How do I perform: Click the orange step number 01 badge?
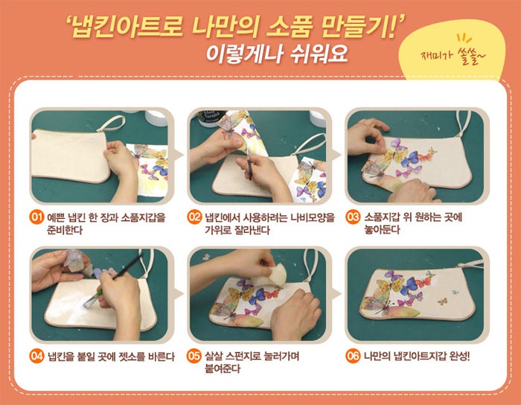click(36, 217)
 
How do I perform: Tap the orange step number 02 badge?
click(194, 217)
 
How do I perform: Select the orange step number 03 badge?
click(353, 217)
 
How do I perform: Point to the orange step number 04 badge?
click(36, 356)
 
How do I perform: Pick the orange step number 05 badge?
click(194, 356)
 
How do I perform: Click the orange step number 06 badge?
click(353, 356)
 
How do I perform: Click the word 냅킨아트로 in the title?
click(127, 27)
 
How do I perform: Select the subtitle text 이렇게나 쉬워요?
click(277, 54)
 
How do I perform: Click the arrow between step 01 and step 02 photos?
click(179, 155)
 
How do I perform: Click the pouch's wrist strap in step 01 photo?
click(112, 124)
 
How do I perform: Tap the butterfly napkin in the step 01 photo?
click(150, 170)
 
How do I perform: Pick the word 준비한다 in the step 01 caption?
click(65, 230)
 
